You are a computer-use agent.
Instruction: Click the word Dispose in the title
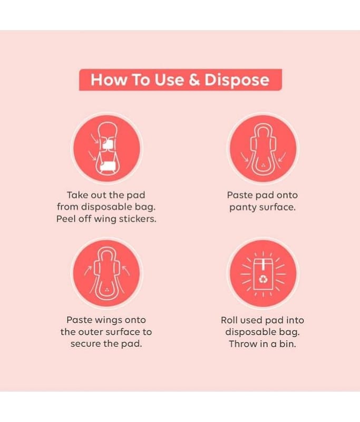pos(237,81)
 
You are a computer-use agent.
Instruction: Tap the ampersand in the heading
pos(194,80)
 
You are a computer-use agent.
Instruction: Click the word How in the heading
pos(109,80)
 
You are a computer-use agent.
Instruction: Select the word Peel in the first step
pos(66,219)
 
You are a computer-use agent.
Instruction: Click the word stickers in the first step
pos(138,219)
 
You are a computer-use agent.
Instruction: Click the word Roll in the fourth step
pos(229,320)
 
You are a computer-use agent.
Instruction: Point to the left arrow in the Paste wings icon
pos(87,271)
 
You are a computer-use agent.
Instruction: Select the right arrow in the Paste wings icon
pos(126,271)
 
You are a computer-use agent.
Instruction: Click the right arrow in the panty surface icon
pos(282,157)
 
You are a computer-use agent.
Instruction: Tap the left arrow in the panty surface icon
pos(245,157)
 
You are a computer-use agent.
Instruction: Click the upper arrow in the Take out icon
pos(95,138)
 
